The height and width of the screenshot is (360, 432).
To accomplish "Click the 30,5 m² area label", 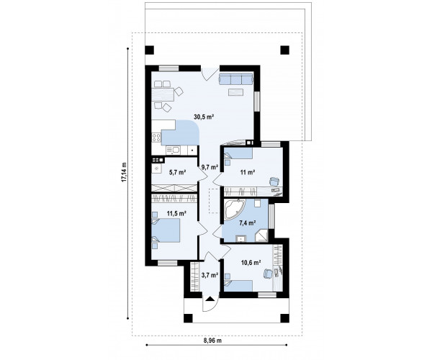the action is coord(204,117).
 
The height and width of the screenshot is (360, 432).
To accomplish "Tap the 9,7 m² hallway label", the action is coord(210,166).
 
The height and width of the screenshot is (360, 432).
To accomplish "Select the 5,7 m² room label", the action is coord(177,173).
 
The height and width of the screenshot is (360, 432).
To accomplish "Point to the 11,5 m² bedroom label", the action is coord(176,213).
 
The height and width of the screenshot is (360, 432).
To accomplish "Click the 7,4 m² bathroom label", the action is coord(248,222).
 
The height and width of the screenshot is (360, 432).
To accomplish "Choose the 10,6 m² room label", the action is coord(251,263).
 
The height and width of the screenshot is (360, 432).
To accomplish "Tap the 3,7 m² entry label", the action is coord(210,274).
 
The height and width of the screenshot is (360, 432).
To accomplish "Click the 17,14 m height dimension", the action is coord(124,172).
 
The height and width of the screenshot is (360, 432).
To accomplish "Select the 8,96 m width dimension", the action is coord(212,341).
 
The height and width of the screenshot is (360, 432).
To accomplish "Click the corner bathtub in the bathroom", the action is coord(233,210).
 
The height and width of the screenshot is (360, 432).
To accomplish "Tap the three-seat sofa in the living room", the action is coord(236,78).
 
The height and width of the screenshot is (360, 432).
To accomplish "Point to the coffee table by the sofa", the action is coord(235,92).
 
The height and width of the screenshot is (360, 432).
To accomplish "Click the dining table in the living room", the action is coord(163,94).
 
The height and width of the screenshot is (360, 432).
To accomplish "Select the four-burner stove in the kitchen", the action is coord(156,138).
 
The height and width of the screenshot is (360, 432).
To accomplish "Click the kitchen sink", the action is coord(174,150).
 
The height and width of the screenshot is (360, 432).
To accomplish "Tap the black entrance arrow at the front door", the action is coord(210,299).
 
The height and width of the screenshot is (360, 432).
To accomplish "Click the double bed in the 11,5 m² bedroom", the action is coord(166,230).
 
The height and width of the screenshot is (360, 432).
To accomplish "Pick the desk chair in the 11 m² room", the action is coord(274,181).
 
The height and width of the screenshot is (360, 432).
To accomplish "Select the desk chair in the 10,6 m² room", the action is coord(269,274).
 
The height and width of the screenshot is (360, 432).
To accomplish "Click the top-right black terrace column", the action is coord(285,50).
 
